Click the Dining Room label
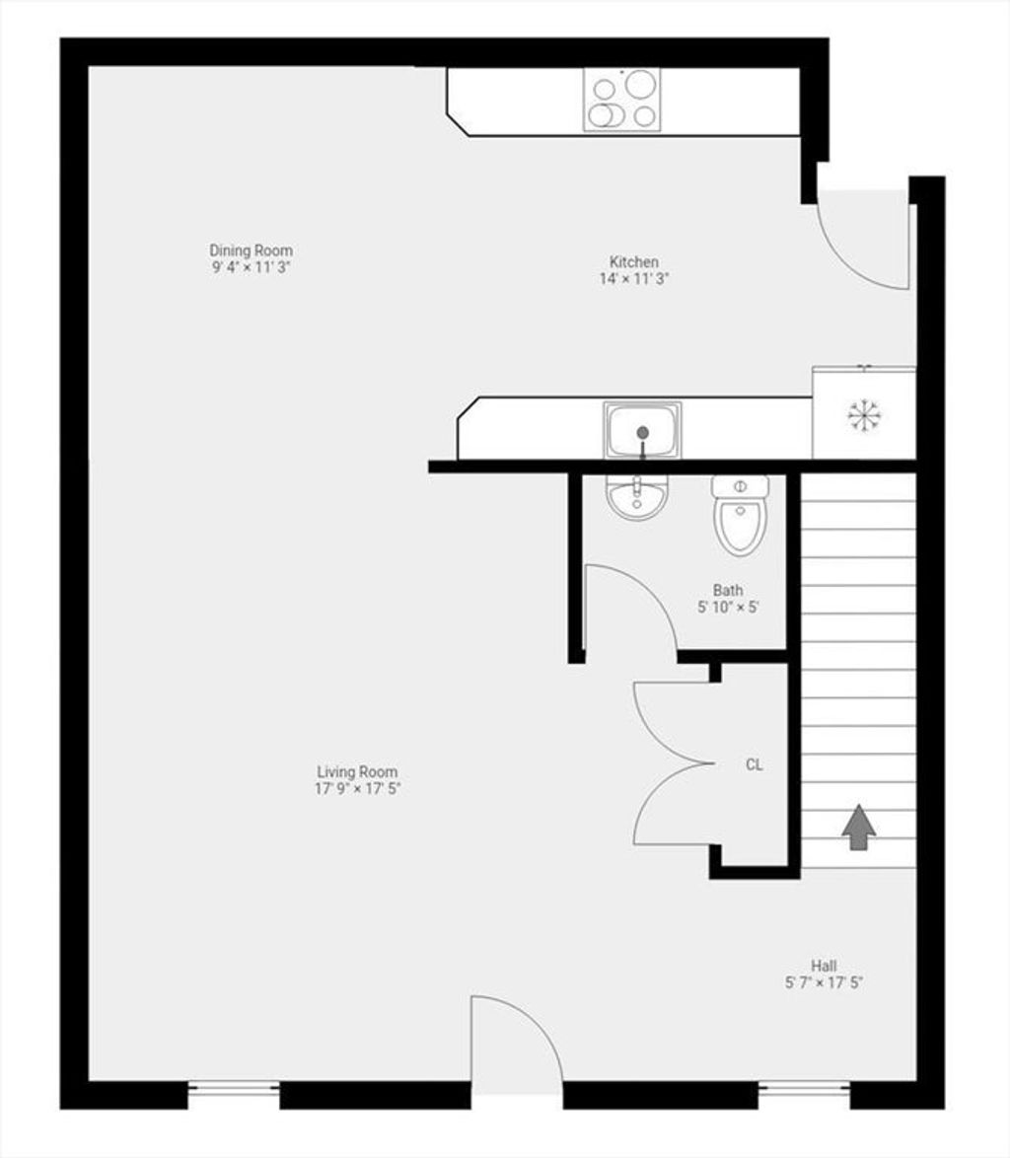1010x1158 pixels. pyautogui.click(x=252, y=251)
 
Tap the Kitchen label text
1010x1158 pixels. pyautogui.click(x=634, y=261)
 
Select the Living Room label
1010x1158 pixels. pyautogui.click(x=357, y=771)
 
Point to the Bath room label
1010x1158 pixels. pyautogui.click(x=728, y=590)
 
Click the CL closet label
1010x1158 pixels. pyautogui.click(x=754, y=765)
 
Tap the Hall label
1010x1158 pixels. pyautogui.click(x=824, y=966)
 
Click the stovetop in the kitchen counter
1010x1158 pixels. pyautogui.click(x=622, y=100)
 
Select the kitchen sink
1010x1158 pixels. pyautogui.click(x=642, y=431)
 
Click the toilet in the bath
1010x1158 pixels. pyautogui.click(x=741, y=516)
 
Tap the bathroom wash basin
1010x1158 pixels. pyautogui.click(x=636, y=496)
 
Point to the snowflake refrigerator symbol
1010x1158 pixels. pyautogui.click(x=862, y=415)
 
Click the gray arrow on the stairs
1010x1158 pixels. pyautogui.click(x=859, y=828)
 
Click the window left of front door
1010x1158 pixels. pyautogui.click(x=234, y=1089)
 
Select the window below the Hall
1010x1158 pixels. pyautogui.click(x=804, y=1089)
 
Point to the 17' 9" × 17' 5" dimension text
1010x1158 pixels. pyautogui.click(x=357, y=789)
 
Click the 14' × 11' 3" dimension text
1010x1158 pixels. pyautogui.click(x=634, y=278)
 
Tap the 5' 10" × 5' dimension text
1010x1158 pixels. pyautogui.click(x=728, y=607)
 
